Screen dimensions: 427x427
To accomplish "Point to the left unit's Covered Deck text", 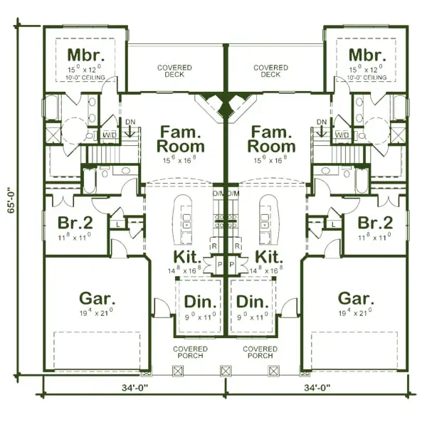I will [x=171, y=70].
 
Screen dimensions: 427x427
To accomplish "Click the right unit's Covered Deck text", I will [x=270, y=70].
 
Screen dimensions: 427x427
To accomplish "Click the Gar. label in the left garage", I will [x=94, y=297].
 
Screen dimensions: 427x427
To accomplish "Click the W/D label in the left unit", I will [x=109, y=135].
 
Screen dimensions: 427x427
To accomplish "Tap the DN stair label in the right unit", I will [x=321, y=121].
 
